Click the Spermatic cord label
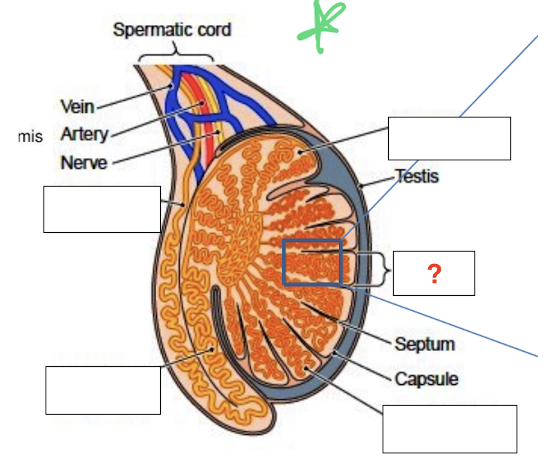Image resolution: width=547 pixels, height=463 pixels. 172,30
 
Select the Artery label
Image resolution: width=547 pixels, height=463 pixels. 84,134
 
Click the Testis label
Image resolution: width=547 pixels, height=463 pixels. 416,176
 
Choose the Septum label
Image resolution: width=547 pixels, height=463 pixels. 425,344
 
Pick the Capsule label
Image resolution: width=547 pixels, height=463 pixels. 426,379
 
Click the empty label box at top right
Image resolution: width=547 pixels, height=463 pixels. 449,138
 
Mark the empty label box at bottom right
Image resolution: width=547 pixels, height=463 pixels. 450,428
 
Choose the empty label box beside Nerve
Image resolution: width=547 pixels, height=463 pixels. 102,209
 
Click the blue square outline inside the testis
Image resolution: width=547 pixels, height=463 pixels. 312,262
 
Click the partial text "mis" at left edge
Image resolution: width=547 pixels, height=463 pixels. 30,137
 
